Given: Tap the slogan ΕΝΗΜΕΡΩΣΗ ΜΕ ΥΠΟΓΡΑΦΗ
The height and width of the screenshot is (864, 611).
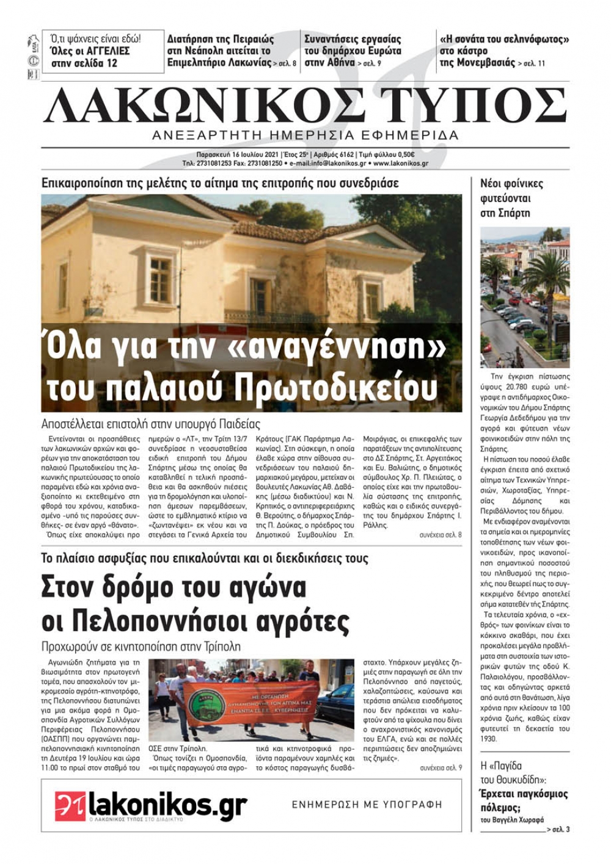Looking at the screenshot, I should (367, 804).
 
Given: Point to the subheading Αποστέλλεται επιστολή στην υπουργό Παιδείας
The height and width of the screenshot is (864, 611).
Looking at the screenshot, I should (151, 424).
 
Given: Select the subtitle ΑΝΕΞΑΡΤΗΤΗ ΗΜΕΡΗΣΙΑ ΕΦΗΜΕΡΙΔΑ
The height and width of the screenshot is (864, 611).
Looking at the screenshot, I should (305, 136).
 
